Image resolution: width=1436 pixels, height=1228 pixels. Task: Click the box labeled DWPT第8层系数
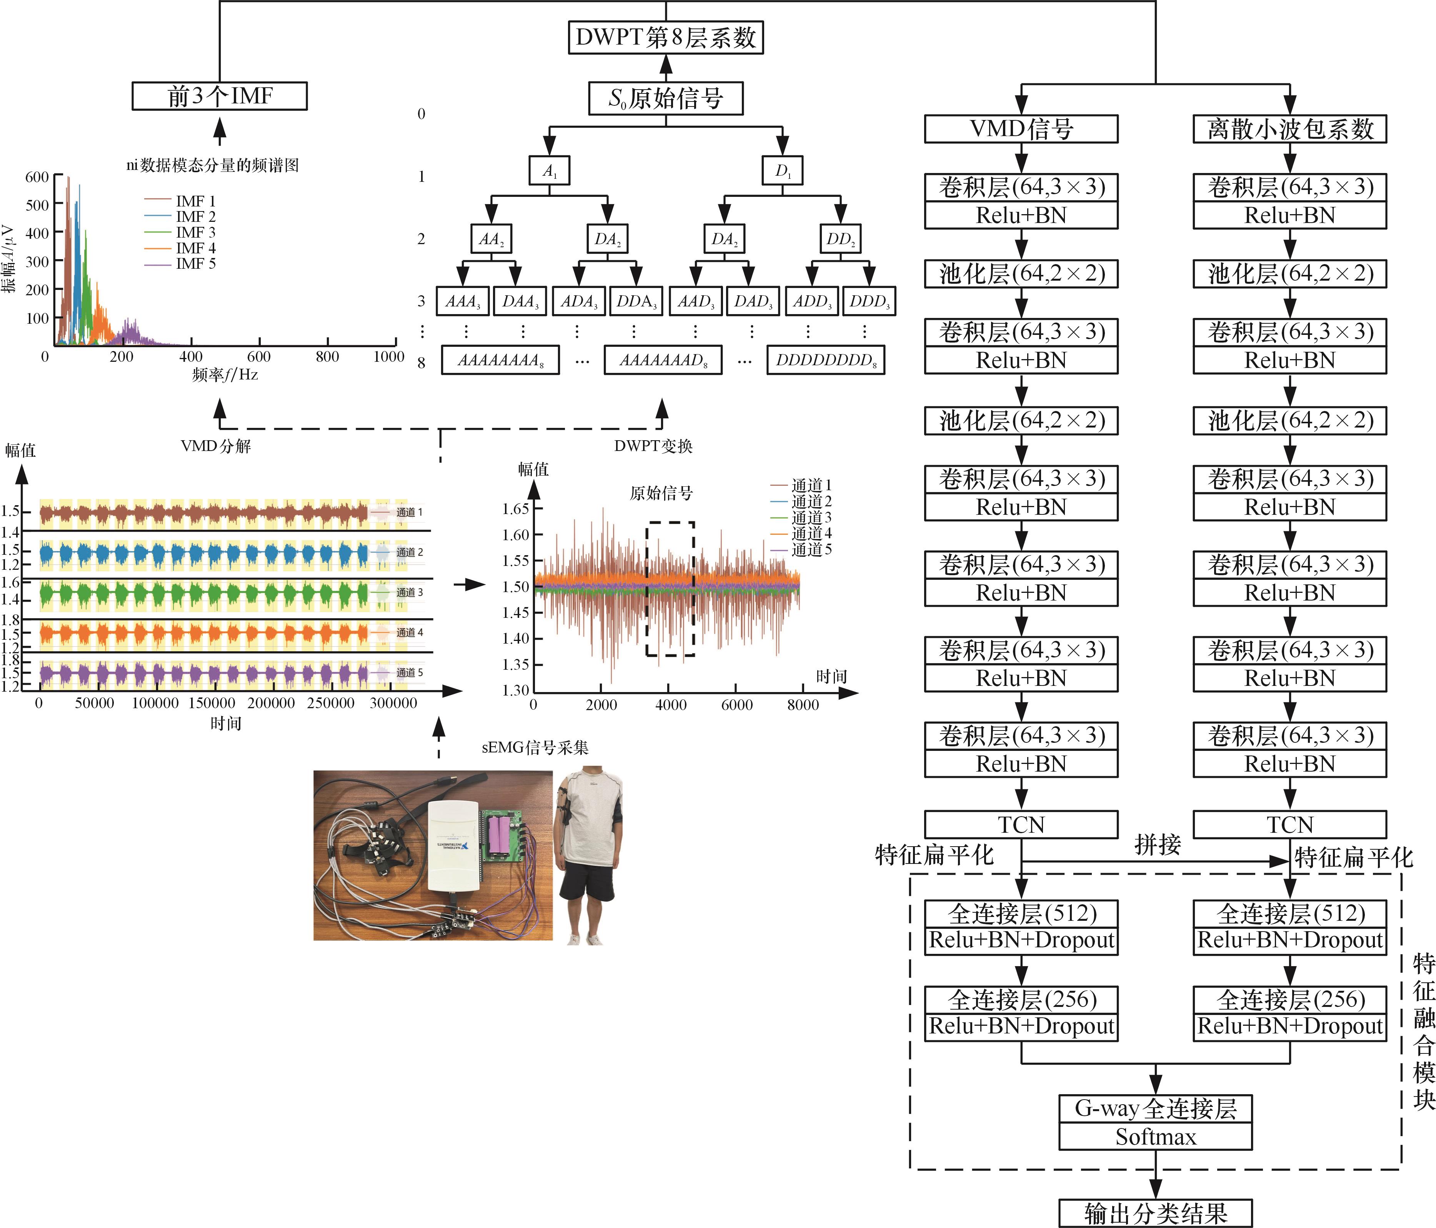[x=665, y=37]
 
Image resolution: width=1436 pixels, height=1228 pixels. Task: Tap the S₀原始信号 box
[x=665, y=98]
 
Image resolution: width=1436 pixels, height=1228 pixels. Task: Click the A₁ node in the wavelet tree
[x=550, y=170]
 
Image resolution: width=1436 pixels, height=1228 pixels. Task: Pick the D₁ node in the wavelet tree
[x=783, y=170]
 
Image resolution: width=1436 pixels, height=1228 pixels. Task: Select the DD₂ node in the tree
[x=840, y=239]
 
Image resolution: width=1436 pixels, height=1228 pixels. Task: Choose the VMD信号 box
[x=1021, y=129]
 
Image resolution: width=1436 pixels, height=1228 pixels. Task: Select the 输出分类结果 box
[x=1155, y=1213]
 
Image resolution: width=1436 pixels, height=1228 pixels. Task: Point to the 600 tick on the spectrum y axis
[x=37, y=177]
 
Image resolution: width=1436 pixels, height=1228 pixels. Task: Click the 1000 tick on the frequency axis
[x=389, y=356]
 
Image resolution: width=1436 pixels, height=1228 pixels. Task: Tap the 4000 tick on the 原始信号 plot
[x=670, y=705]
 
